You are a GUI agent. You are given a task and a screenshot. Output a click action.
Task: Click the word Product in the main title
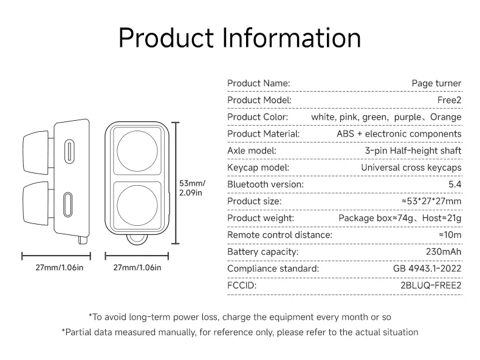tap(166, 38)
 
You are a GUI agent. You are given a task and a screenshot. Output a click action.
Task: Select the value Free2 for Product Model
tap(449, 100)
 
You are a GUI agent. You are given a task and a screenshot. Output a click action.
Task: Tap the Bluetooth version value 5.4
tap(455, 184)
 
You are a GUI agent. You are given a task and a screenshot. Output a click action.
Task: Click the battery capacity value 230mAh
tap(444, 252)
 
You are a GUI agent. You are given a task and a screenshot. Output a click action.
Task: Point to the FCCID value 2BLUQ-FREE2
tap(431, 285)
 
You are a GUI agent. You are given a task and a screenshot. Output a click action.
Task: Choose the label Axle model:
tap(252, 151)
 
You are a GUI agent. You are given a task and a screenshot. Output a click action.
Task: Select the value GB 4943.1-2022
tap(427, 268)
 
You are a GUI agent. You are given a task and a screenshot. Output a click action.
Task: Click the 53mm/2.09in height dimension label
tap(192, 188)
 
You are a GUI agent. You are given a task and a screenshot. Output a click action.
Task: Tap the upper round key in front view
tap(137, 151)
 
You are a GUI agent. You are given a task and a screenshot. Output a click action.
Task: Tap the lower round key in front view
tap(137, 205)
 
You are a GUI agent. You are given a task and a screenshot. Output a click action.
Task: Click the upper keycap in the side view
tap(36, 152)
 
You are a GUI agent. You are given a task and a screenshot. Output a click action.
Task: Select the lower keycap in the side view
tap(36, 203)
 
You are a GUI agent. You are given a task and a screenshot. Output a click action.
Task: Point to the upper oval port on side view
tap(69, 151)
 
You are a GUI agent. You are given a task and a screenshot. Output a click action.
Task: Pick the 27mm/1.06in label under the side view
tap(60, 268)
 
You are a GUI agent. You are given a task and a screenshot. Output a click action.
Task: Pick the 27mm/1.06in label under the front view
tap(137, 268)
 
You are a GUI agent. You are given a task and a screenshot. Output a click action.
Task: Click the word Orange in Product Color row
tap(446, 117)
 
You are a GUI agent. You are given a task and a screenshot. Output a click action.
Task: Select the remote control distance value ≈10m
tap(450, 235)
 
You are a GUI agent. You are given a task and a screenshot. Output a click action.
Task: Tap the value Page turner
tap(436, 83)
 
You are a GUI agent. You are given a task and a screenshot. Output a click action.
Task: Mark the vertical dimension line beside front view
tap(175, 183)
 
